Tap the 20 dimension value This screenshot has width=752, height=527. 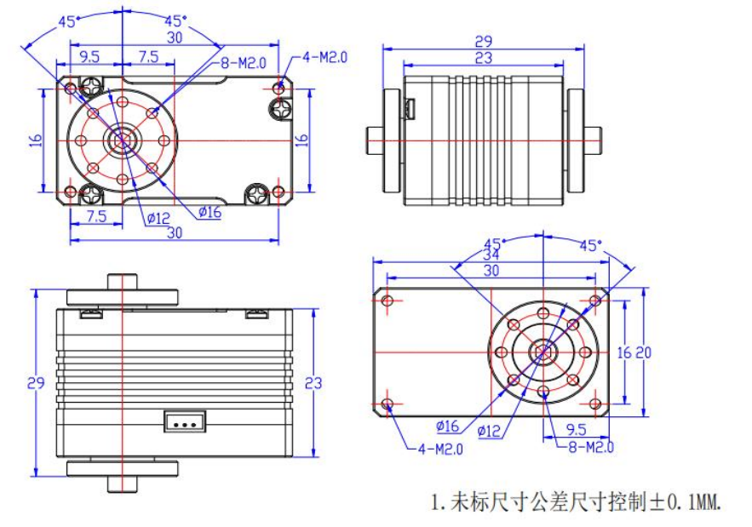pyautogui.click(x=646, y=351)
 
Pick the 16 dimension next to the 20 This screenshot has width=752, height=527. pyautogui.click(x=629, y=351)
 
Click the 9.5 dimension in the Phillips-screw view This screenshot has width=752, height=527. pyautogui.click(x=89, y=56)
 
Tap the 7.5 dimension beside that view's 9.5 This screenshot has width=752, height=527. pyautogui.click(x=147, y=56)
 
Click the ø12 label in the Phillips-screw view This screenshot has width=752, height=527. pyautogui.click(x=159, y=218)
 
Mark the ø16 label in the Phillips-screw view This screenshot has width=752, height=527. pyautogui.click(x=210, y=212)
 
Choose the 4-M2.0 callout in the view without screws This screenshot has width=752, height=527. pyautogui.click(x=440, y=448)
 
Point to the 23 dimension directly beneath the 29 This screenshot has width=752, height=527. pyautogui.click(x=483, y=58)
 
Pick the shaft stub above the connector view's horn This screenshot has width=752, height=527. pyautogui.click(x=123, y=280)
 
